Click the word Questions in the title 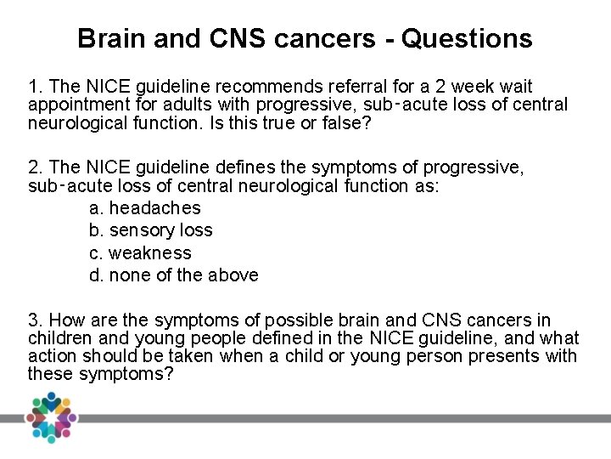[467, 38]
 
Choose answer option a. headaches [145, 208]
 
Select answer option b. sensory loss [151, 230]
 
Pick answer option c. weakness [140, 253]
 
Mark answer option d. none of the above [173, 275]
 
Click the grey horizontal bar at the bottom [339, 418]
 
